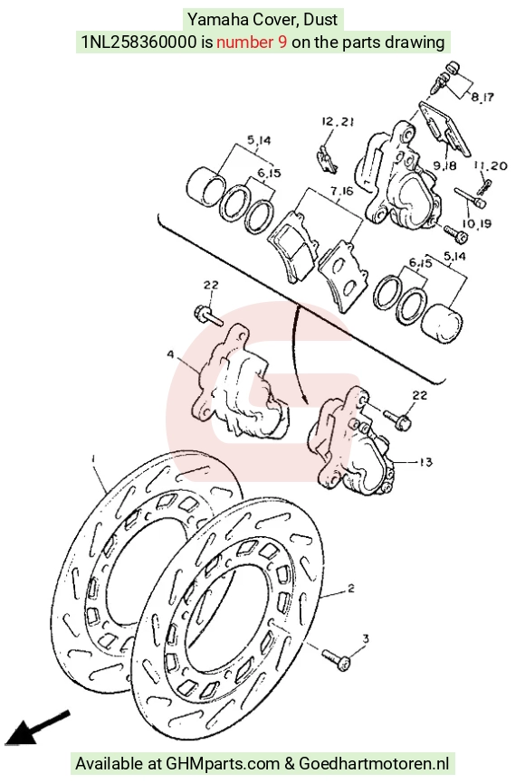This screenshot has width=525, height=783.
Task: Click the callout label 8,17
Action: [482, 97]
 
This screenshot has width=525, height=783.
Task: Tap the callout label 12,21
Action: [338, 121]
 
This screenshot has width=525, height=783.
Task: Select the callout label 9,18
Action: [444, 165]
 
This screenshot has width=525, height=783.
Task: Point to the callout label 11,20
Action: [491, 165]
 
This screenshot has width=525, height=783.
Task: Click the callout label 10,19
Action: [476, 223]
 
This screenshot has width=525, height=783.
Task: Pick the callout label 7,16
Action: [341, 191]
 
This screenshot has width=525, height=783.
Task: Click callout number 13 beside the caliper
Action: [425, 462]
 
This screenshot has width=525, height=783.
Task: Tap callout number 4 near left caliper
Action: [170, 354]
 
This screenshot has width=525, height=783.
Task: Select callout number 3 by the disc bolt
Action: [366, 638]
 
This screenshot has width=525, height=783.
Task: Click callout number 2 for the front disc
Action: [351, 588]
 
